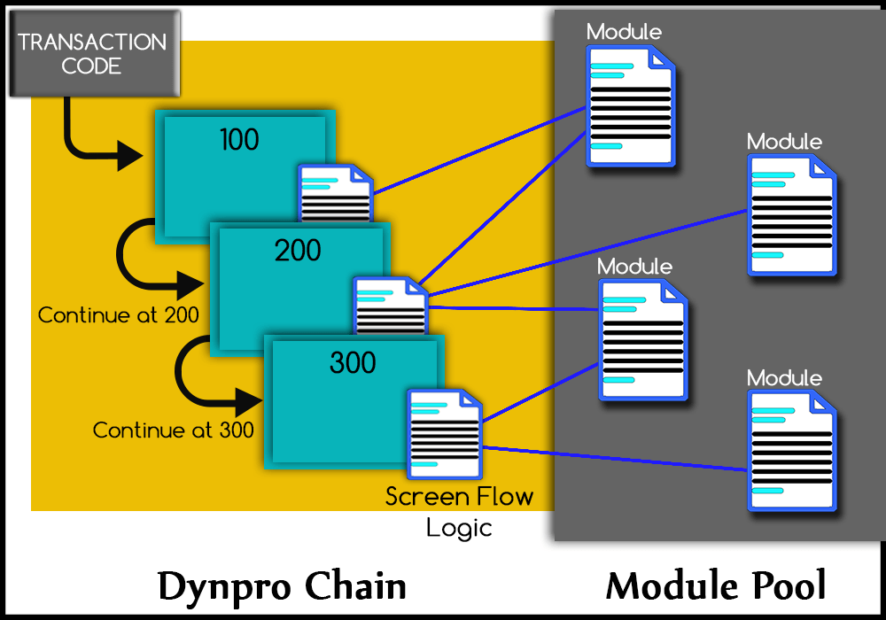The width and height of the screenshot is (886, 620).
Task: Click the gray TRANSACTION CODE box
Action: click(x=92, y=53)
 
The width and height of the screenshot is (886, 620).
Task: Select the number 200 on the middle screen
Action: click(x=298, y=251)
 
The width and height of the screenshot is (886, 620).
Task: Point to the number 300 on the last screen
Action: click(x=353, y=363)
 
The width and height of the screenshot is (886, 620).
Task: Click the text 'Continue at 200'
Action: click(x=118, y=314)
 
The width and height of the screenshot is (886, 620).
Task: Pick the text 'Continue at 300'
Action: click(x=174, y=430)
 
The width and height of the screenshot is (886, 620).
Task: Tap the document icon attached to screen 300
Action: click(x=443, y=434)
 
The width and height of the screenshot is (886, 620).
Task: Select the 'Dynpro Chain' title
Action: click(x=282, y=586)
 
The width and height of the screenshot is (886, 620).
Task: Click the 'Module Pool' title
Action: click(x=716, y=586)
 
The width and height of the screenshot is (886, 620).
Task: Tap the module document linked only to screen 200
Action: click(x=790, y=214)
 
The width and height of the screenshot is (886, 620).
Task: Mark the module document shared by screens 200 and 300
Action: click(x=641, y=340)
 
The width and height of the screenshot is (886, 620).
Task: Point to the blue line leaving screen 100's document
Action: click(x=478, y=150)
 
